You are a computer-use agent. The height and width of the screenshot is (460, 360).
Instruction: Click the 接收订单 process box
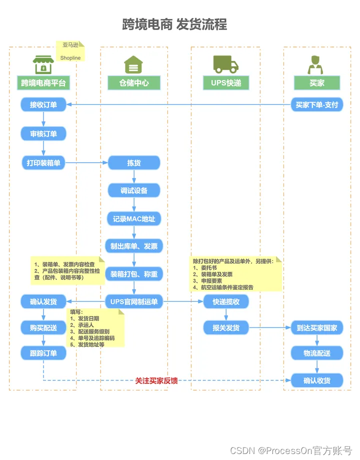43,105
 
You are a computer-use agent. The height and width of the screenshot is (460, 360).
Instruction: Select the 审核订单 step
43,134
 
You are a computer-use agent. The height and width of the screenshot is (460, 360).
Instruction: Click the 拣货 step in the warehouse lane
134,163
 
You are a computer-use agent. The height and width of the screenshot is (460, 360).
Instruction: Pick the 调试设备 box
134,191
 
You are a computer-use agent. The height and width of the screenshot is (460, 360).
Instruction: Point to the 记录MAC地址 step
134,219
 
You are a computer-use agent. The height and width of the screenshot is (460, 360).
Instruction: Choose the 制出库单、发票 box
134,246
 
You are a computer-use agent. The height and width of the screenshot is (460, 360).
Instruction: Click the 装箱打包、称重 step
134,274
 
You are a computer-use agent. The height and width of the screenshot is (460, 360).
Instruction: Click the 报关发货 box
226,328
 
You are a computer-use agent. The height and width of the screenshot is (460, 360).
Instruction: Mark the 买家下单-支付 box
316,105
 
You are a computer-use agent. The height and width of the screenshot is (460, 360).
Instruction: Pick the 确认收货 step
316,380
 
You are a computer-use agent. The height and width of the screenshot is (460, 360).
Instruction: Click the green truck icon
225,64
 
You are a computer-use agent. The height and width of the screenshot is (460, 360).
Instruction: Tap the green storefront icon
43,64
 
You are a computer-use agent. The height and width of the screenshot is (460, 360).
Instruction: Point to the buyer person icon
316,64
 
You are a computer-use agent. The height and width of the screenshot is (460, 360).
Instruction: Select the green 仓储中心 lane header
134,83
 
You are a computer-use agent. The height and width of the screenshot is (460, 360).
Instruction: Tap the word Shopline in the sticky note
70,58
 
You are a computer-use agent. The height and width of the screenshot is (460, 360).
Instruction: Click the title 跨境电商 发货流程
174,24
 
